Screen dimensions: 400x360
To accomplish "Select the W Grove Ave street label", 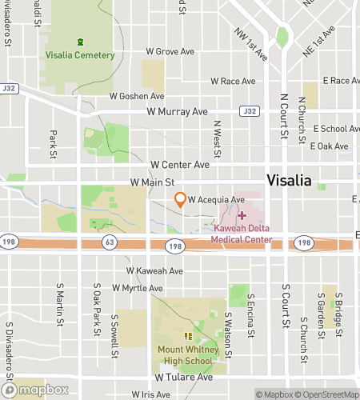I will click(x=170, y=52).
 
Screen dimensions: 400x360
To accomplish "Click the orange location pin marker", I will click(x=181, y=200).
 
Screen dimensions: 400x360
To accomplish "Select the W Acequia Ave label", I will click(x=216, y=200).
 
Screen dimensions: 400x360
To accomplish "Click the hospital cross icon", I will click(x=242, y=217).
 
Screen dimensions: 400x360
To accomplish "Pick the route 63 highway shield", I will click(x=107, y=242).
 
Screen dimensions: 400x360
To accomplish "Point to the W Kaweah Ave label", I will click(x=154, y=271).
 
